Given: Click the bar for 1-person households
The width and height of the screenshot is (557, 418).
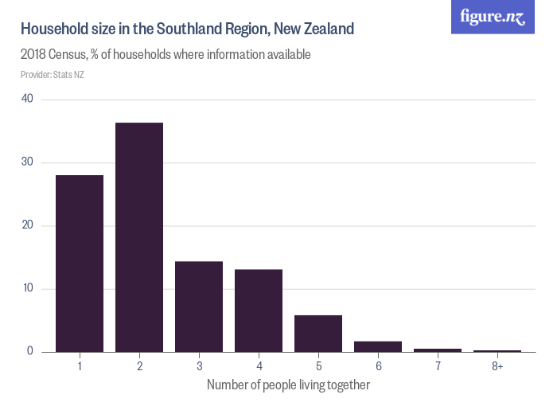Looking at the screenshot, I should (80, 264).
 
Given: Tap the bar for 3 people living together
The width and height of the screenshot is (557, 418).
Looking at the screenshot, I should (199, 307).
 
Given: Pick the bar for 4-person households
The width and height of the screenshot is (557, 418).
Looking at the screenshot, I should (259, 311).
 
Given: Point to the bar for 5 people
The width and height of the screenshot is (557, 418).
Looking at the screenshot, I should (318, 334).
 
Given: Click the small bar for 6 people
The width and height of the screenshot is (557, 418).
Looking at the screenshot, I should (378, 346).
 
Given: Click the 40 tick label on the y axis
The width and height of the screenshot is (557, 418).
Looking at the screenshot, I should (28, 99).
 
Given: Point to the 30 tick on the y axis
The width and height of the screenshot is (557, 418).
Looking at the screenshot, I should (28, 162).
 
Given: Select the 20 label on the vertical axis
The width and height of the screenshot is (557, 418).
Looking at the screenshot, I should (28, 225).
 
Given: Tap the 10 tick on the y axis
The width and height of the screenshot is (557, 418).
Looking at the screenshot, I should (28, 288).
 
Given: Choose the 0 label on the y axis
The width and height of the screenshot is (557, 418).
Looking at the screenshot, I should (30, 351).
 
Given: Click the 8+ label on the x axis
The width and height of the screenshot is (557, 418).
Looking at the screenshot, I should (497, 366).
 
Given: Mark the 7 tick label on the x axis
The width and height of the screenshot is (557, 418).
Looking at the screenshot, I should (438, 366).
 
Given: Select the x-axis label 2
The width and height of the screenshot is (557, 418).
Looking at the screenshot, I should (139, 366).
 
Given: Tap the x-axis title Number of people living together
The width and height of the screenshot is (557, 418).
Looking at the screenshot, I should (288, 385).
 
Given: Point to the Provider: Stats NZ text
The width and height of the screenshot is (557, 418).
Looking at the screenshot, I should (53, 75).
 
